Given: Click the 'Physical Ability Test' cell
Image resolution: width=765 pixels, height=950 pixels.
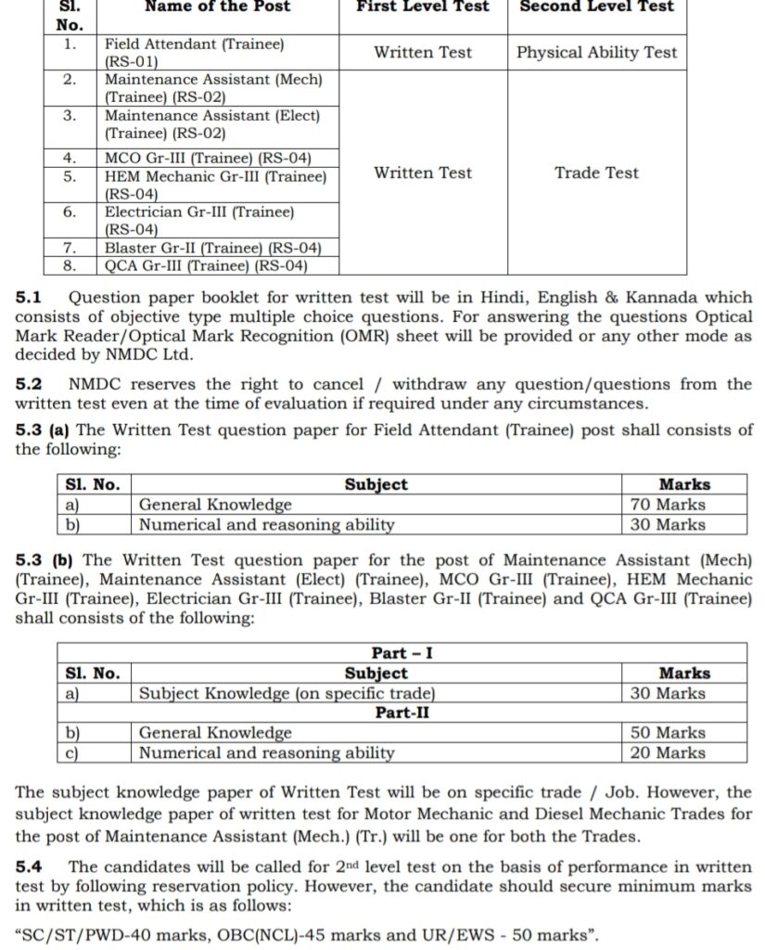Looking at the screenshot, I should (x=596, y=53).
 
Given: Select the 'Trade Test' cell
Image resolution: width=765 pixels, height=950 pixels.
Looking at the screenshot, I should (x=596, y=173).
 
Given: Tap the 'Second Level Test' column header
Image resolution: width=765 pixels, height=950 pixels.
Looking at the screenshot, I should (x=596, y=6).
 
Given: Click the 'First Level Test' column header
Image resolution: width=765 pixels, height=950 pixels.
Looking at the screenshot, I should (x=423, y=6).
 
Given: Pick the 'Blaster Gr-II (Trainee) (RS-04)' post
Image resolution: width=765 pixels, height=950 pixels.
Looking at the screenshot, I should (x=213, y=248).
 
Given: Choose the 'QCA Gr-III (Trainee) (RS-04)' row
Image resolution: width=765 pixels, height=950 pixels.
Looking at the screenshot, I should (x=205, y=266).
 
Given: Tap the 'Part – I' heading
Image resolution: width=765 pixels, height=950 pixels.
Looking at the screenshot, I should (x=402, y=653).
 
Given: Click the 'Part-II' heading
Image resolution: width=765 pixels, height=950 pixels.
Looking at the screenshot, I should (x=402, y=712).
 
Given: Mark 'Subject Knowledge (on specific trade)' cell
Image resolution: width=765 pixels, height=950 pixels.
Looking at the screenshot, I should (x=287, y=693).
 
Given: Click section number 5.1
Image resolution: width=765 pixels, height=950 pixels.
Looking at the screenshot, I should (x=29, y=298).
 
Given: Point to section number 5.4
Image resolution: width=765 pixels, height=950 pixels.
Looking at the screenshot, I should (x=29, y=867).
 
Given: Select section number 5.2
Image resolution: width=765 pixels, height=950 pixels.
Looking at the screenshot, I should (x=29, y=384).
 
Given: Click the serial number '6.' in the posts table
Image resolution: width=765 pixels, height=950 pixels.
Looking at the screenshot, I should (x=70, y=212).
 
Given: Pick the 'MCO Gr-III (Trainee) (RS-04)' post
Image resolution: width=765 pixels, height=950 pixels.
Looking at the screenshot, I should (x=208, y=157).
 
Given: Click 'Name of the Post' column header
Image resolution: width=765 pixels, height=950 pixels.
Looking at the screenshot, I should (x=217, y=6).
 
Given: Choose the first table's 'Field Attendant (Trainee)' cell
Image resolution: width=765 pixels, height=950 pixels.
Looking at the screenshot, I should (x=195, y=45).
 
